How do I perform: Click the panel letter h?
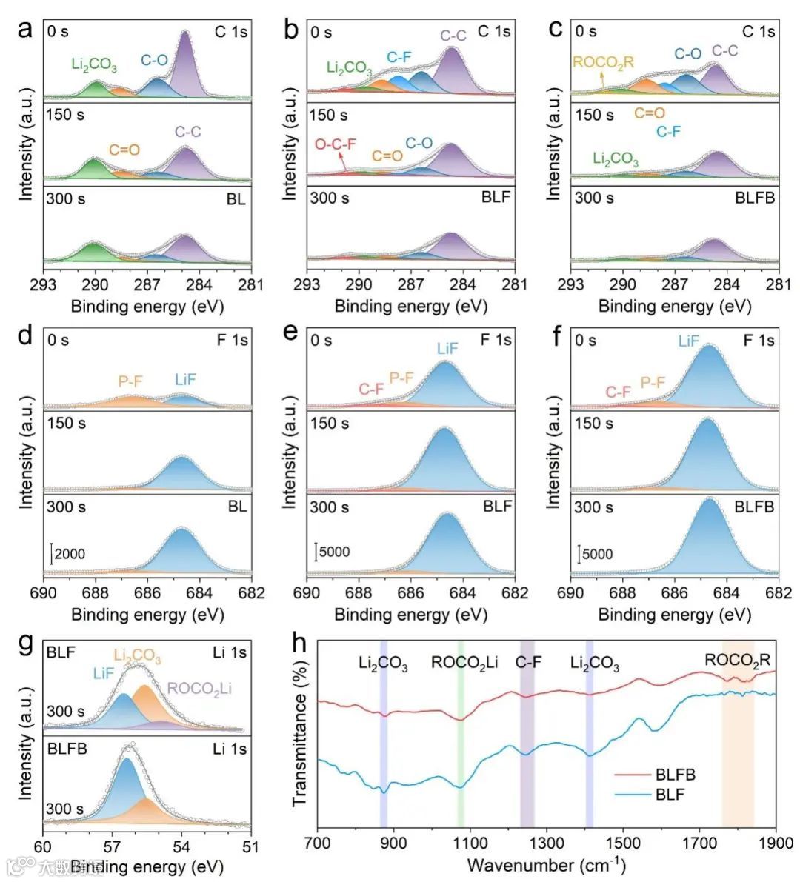pyautogui.click(x=300, y=642)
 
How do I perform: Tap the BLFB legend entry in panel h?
pyautogui.click(x=675, y=775)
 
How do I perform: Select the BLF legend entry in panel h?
pyautogui.click(x=670, y=795)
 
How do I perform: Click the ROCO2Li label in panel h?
pyautogui.click(x=465, y=663)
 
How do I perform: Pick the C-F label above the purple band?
pyautogui.click(x=527, y=662)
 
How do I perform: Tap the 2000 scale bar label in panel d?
pyautogui.click(x=70, y=554)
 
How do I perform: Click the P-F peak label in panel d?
pyautogui.click(x=130, y=381)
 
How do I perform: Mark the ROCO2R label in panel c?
pyautogui.click(x=604, y=62)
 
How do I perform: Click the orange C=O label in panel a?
pyautogui.click(x=124, y=150)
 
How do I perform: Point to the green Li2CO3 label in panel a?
pyautogui.click(x=94, y=65)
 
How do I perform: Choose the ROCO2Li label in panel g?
pyautogui.click(x=199, y=689)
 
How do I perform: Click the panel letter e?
pyautogui.click(x=291, y=333)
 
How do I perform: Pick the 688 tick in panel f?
pyautogui.click(x=622, y=593)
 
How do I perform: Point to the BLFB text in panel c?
pyautogui.click(x=755, y=198)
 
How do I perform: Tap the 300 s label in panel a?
pyautogui.click(x=65, y=199)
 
